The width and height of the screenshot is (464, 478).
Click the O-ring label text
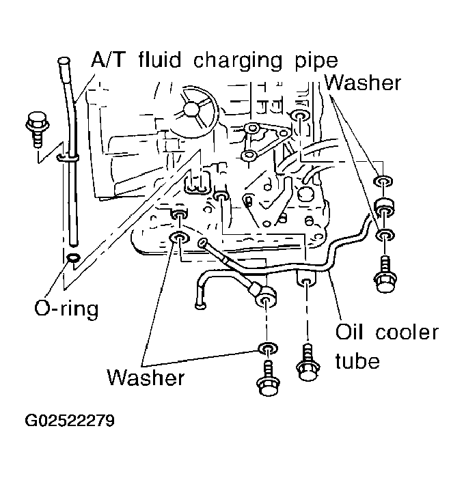click(66, 309)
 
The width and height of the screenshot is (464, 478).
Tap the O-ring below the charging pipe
click(73, 257)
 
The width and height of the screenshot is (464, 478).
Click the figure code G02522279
click(70, 421)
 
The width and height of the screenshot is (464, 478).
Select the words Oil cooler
click(387, 332)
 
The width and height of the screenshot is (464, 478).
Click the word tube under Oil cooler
click(357, 361)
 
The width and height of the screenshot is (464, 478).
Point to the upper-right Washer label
click(362, 83)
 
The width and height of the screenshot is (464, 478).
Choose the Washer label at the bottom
click(146, 378)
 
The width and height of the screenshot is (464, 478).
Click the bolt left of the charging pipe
click(37, 129)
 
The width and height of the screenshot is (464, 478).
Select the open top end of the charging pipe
click(63, 61)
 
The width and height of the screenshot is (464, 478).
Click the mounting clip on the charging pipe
click(68, 158)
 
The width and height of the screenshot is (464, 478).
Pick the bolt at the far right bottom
click(385, 275)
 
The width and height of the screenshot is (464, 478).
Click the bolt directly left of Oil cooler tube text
click(308, 362)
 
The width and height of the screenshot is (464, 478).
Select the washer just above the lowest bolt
click(268, 348)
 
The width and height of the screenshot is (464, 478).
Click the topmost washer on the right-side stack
click(383, 181)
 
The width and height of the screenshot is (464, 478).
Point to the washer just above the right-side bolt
click(385, 235)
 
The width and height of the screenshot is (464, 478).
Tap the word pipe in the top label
click(316, 62)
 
